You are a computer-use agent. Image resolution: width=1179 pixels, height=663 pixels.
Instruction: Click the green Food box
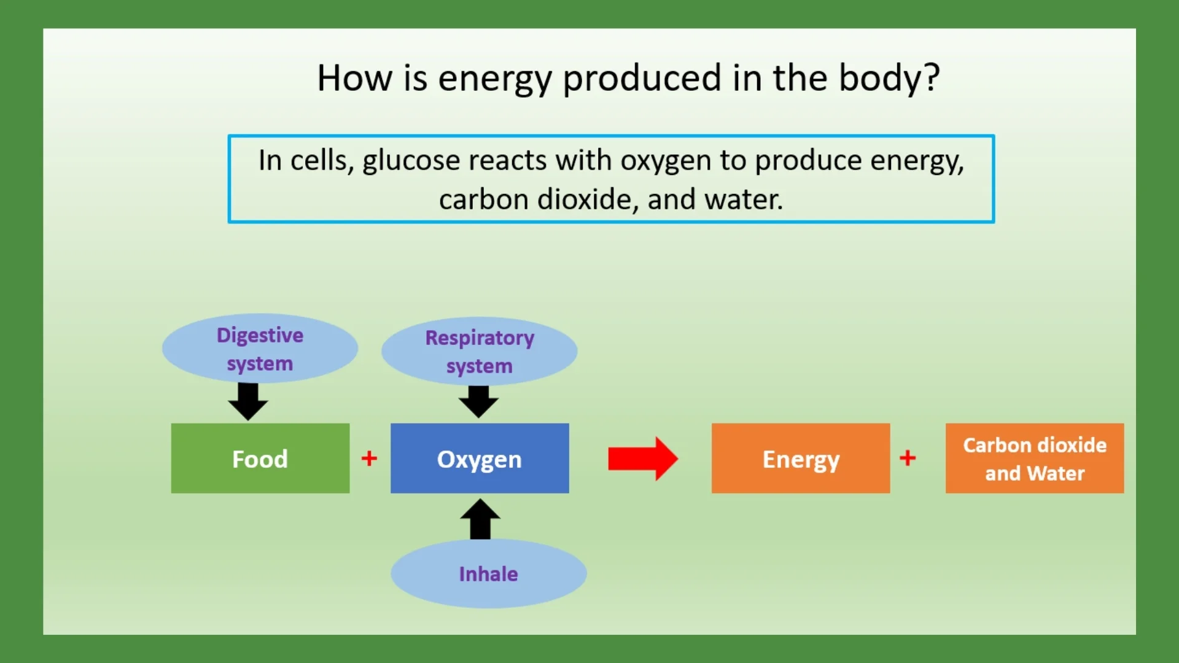tap(260, 458)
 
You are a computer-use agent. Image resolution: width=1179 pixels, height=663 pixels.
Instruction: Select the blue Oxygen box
tap(480, 458)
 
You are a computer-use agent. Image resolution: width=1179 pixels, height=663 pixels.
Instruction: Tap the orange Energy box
tap(800, 458)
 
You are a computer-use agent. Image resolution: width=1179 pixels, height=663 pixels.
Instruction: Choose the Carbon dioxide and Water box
tap(1034, 458)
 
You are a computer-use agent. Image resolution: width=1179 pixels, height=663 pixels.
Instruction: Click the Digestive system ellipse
tap(260, 349)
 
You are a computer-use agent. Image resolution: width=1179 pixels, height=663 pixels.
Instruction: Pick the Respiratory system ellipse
tap(480, 351)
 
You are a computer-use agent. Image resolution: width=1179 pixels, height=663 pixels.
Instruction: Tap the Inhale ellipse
tap(488, 573)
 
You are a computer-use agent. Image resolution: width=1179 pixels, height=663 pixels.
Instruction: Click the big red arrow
tap(642, 459)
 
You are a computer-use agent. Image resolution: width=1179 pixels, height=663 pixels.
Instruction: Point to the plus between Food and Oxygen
tap(369, 458)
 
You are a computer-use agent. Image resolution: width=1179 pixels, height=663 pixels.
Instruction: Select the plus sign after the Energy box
tap(908, 457)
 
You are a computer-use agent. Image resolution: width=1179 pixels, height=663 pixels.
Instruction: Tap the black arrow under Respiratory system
tap(478, 401)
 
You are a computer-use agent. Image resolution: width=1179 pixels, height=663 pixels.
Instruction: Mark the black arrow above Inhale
tap(480, 519)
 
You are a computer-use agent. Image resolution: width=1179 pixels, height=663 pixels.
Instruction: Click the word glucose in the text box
tap(411, 161)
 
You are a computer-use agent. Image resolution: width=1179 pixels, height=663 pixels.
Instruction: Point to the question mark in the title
tap(932, 78)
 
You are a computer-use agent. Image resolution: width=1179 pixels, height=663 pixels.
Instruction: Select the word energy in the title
tap(495, 79)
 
